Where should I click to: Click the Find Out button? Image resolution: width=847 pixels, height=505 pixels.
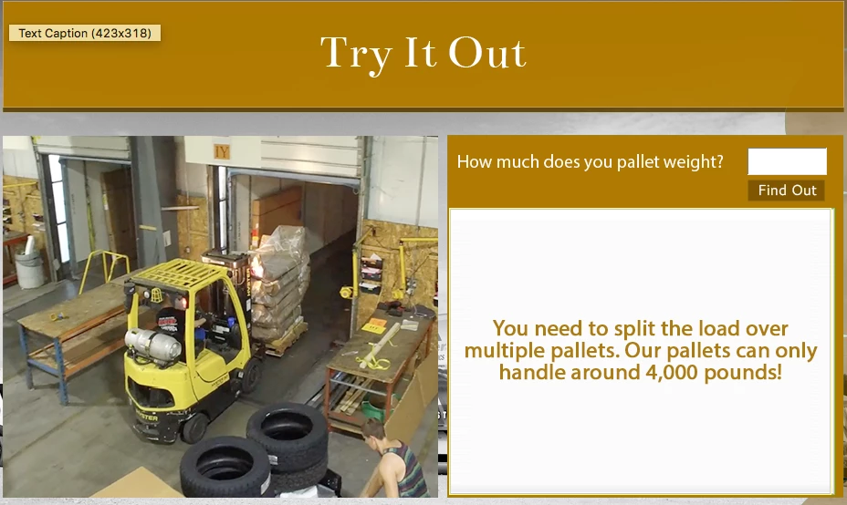pos(787,191)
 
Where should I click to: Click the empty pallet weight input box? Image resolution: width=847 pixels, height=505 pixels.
pos(787,161)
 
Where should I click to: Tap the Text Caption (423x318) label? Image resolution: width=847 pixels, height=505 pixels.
pos(85,33)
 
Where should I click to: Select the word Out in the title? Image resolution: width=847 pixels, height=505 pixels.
pos(487,53)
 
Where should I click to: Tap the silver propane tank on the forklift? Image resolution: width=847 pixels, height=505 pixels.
pos(152,345)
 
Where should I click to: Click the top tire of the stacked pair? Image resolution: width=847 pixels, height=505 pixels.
pos(288,428)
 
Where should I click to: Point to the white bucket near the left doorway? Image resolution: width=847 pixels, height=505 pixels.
pos(30,268)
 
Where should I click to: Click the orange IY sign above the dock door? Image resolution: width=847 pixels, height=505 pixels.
pos(222,151)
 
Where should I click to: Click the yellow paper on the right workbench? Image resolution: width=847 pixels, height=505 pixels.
pos(374,325)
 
